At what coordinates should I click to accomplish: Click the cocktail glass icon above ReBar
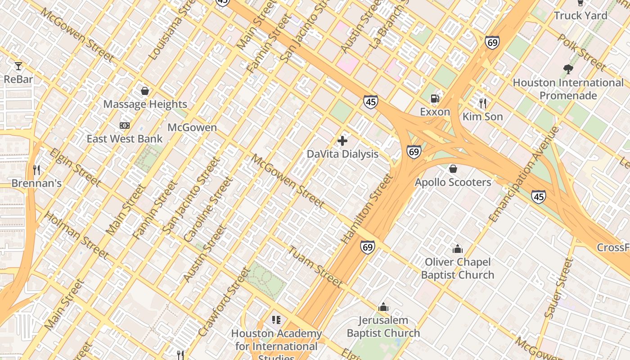(18, 66)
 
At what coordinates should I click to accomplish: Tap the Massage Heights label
(145, 104)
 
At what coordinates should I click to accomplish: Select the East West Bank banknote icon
(125, 126)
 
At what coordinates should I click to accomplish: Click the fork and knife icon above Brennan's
(36, 170)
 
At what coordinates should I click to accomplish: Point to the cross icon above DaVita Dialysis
(342, 141)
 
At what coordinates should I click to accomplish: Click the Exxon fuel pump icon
(435, 98)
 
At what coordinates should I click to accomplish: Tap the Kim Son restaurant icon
(483, 103)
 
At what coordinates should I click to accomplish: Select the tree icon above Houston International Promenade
(568, 69)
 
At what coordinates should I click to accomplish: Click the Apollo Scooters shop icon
(453, 169)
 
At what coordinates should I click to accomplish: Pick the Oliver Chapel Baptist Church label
(457, 268)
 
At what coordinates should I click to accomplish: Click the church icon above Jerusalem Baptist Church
(383, 307)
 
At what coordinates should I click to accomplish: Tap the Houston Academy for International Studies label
(276, 346)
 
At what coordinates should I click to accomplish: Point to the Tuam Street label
(315, 267)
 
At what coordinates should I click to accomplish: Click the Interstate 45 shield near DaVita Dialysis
(370, 102)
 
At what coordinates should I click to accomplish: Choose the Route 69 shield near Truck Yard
(492, 42)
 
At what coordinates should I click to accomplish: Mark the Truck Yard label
(580, 15)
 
